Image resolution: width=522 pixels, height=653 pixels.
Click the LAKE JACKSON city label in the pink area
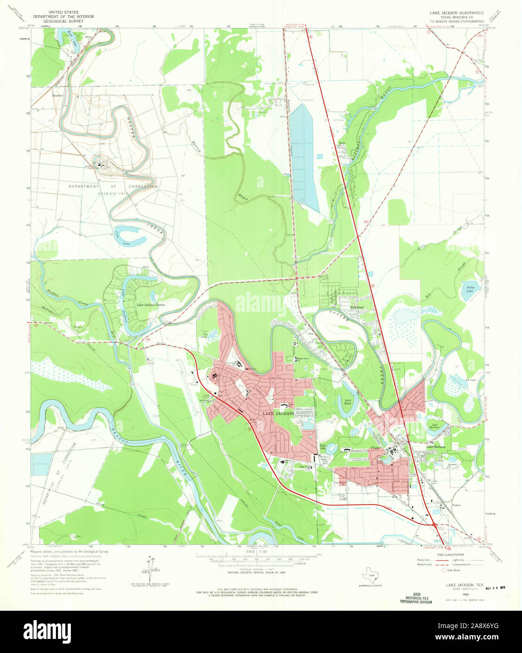coord(278,413)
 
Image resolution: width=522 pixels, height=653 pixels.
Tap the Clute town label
coord(375,448)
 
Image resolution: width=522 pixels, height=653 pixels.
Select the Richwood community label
coord(357,307)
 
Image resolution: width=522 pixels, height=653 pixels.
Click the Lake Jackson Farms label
coord(150,305)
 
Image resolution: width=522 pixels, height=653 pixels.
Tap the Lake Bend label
coord(348,402)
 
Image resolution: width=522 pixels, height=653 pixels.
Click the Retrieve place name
coord(57,95)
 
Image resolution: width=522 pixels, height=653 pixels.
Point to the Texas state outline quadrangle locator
coord(371,575)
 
